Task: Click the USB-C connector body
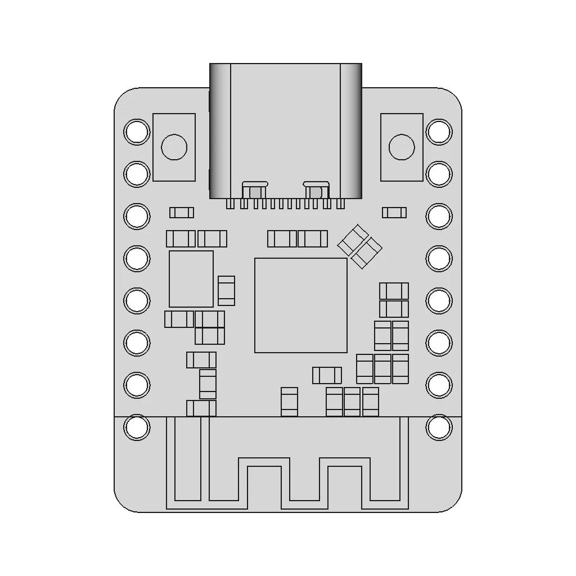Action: coord(286,129)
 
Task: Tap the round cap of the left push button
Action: coord(174,147)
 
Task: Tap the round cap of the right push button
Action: coord(402,147)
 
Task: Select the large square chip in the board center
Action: coord(301,305)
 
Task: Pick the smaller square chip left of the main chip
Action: coord(191,279)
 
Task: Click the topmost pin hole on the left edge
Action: coord(137,132)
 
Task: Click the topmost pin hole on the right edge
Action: coord(439,132)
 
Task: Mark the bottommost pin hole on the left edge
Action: coord(137,427)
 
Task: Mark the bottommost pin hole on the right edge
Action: coord(439,427)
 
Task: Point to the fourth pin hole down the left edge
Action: coord(137,258)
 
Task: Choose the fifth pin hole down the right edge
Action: coord(439,301)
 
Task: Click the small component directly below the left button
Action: coord(182,213)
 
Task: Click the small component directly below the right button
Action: coord(394,213)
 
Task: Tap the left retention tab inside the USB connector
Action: coord(255,190)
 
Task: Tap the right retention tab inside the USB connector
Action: coord(316,190)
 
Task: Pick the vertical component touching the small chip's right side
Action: coord(226,291)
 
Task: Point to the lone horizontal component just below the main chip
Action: coord(327,375)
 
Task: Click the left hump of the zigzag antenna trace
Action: coord(264,462)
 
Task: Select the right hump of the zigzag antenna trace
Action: coord(345,462)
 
